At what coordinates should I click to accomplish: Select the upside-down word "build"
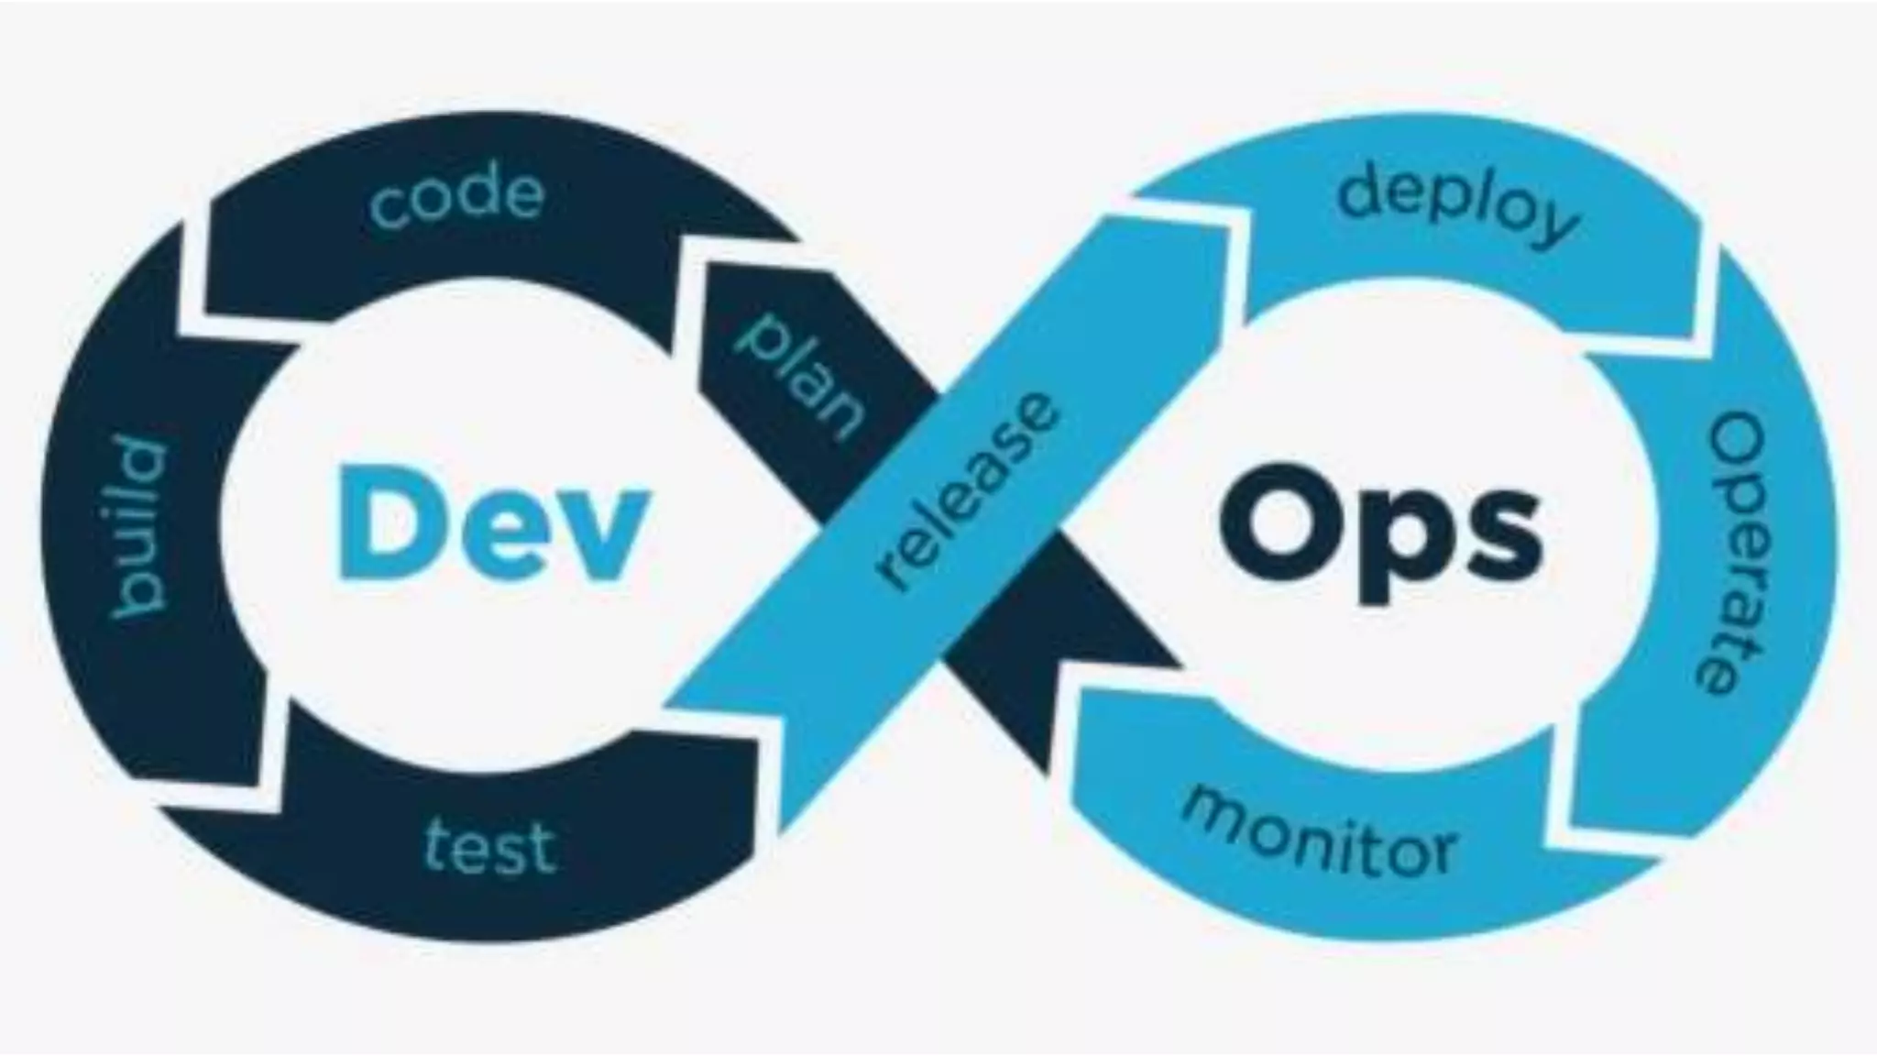coord(138,529)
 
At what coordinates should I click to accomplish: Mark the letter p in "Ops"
coord(1398,550)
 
